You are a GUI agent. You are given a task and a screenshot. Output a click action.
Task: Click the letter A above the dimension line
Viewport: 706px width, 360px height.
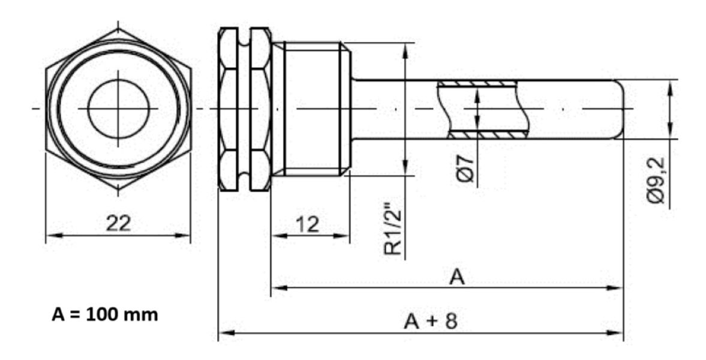tap(457, 277)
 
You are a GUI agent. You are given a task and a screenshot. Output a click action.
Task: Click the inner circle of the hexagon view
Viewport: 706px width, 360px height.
tap(118, 108)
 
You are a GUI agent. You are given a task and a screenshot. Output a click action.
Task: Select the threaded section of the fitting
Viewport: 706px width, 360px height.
tap(313, 109)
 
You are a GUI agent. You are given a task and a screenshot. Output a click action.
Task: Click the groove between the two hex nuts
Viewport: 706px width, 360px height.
tap(244, 109)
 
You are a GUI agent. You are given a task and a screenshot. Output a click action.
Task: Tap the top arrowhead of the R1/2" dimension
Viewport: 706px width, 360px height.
tap(406, 47)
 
